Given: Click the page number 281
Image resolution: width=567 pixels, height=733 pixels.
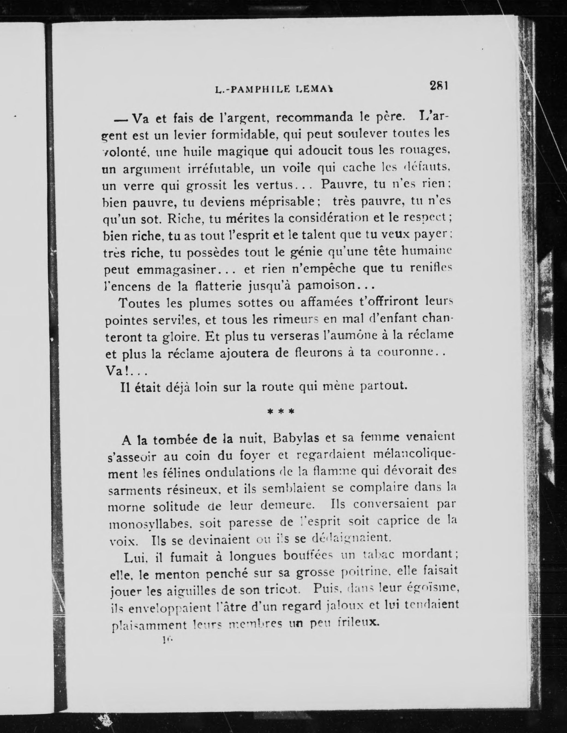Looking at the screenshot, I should point(439,86).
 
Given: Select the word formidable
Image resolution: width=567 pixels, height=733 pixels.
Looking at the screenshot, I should point(246,135).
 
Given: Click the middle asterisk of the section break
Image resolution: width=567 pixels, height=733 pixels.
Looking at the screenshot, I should point(281,411).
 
